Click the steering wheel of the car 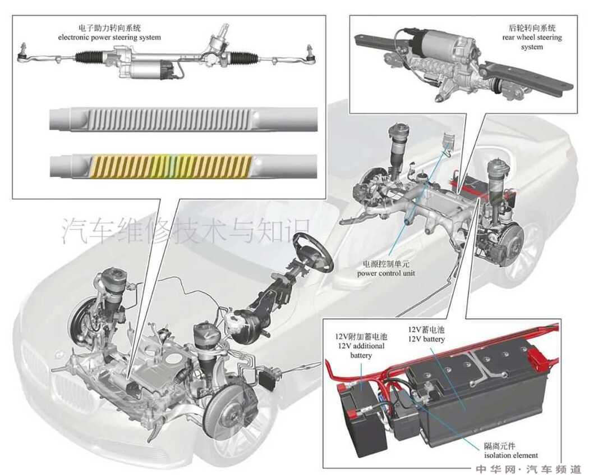point(313,252)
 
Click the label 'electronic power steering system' point(109,38)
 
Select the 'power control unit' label point(386,273)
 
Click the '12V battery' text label point(426,339)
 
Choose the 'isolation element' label point(511,455)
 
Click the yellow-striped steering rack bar point(183,166)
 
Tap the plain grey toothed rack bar point(183,119)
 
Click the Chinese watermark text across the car point(186,230)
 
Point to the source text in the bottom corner point(528,469)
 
